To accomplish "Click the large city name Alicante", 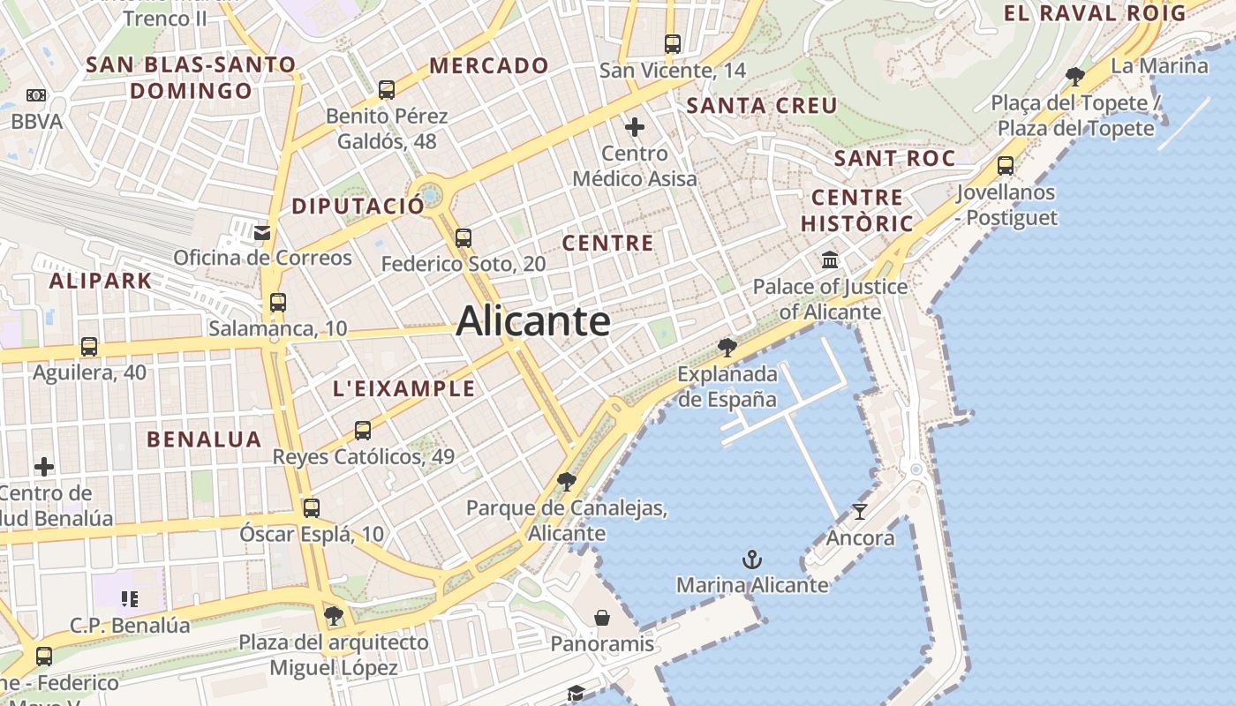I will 533,321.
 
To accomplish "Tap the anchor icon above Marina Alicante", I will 751,559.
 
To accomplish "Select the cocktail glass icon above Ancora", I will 860,511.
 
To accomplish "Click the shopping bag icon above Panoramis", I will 602,617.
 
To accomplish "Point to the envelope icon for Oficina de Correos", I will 262,232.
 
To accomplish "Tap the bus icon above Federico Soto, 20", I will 463,237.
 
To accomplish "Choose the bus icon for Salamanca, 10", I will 278,303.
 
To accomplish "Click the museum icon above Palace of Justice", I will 830,260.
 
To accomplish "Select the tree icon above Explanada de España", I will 727,347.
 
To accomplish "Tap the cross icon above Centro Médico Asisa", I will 634,127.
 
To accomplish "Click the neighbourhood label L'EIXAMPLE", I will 403,388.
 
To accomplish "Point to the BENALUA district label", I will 204,439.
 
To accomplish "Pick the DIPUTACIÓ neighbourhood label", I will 358,206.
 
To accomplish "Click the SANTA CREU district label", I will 762,106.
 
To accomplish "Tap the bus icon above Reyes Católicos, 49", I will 363,431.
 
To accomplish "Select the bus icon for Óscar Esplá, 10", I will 311,508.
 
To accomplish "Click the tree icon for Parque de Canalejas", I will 567,482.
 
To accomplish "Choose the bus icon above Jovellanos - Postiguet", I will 1005,165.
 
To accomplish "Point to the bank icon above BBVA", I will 36,95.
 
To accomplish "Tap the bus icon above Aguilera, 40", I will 89,347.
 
